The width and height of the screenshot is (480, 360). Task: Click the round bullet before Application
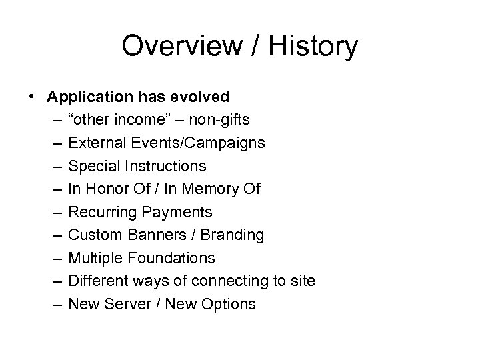[x=33, y=97]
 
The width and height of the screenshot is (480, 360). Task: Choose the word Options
[x=231, y=304]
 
